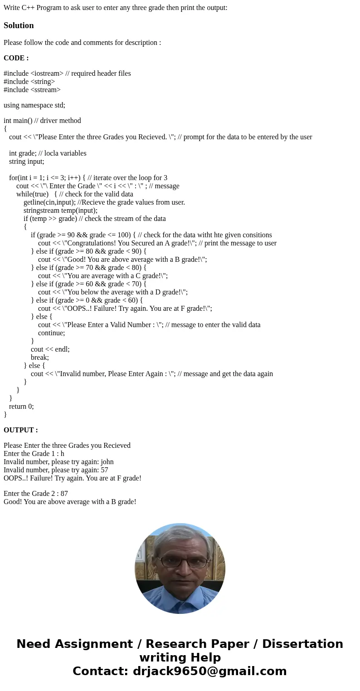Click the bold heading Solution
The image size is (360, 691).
(x=19, y=25)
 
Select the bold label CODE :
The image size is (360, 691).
(x=16, y=58)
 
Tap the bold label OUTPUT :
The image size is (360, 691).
(x=20, y=430)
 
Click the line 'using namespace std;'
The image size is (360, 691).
(x=34, y=105)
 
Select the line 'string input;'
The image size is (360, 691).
(x=27, y=162)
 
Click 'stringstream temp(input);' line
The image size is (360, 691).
(x=60, y=211)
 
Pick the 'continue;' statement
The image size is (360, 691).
(x=51, y=333)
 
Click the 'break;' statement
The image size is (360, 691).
(x=40, y=358)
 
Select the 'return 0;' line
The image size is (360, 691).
(x=21, y=407)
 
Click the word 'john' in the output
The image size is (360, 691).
(x=107, y=462)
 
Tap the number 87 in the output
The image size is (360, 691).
(x=63, y=494)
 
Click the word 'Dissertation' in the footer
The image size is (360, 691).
(x=302, y=644)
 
